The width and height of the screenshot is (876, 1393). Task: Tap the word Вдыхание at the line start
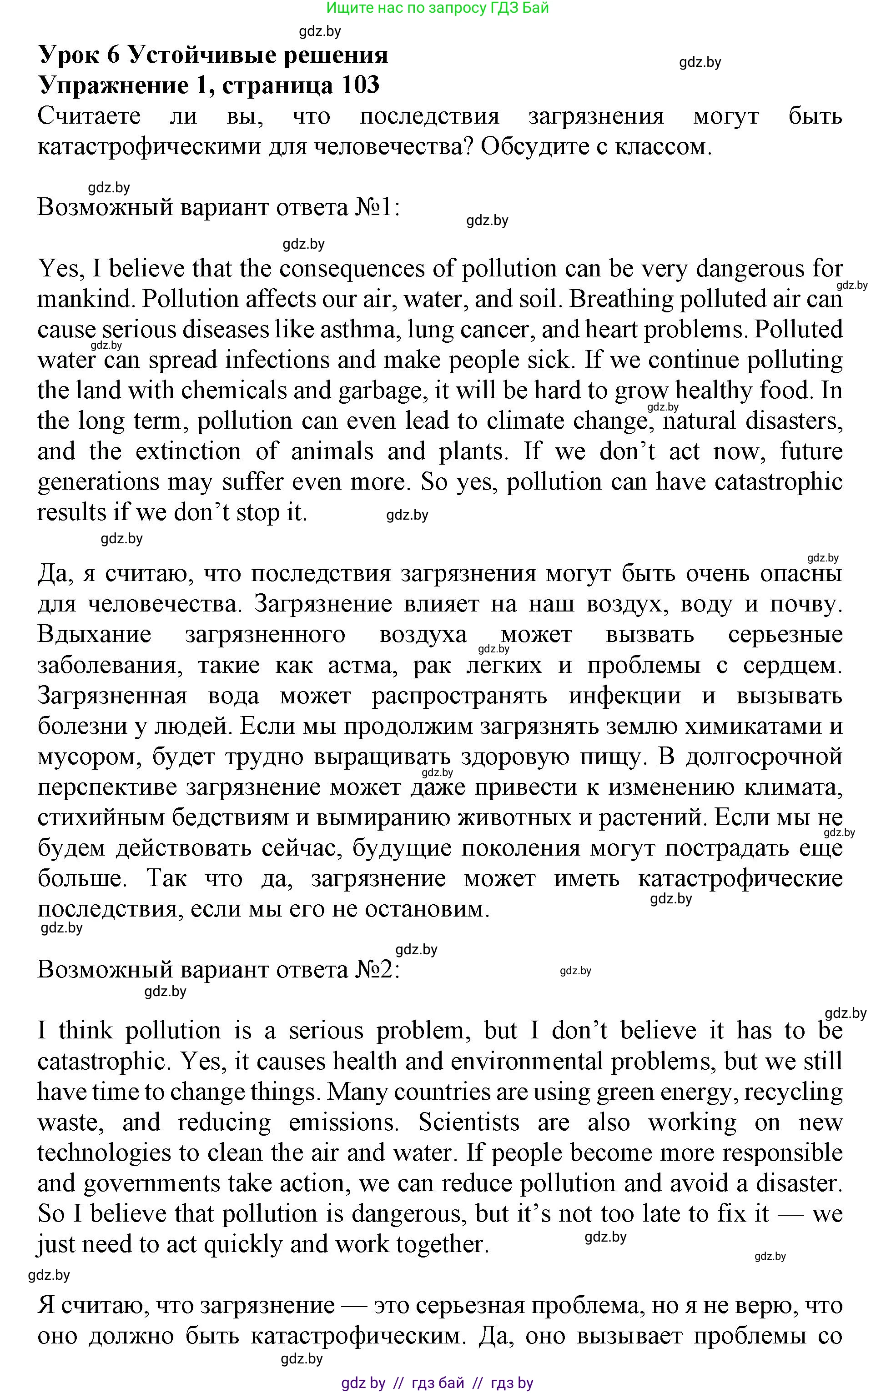(94, 635)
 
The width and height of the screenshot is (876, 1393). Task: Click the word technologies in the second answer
(105, 1153)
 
